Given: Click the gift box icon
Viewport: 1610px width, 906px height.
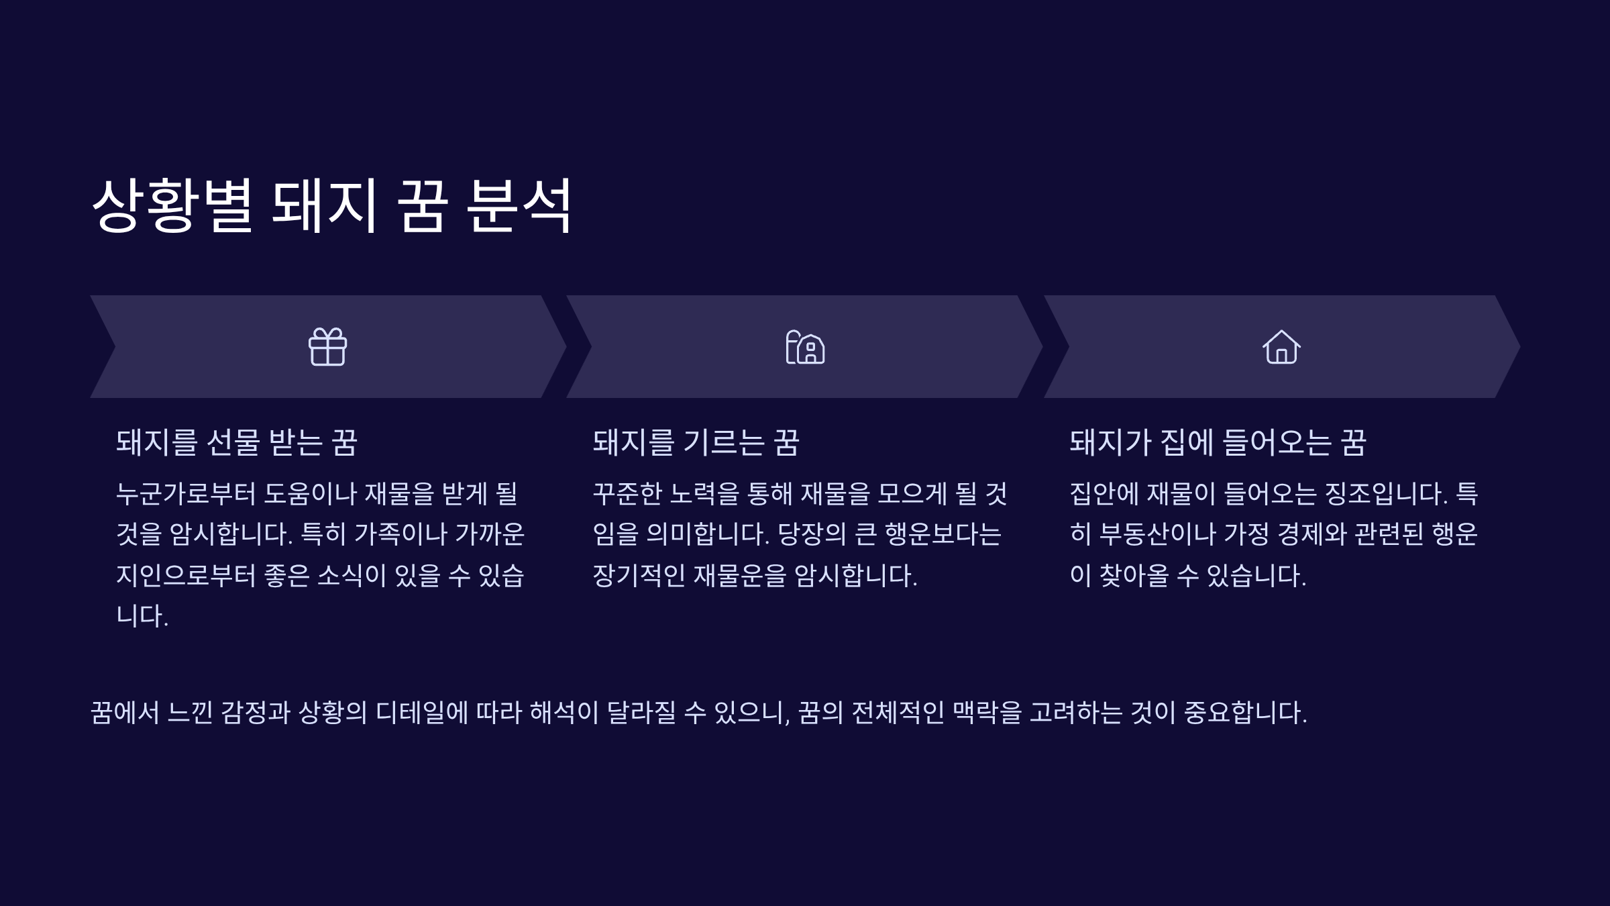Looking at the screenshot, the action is point(327,347).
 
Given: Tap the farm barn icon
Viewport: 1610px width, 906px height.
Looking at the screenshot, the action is point(805,347).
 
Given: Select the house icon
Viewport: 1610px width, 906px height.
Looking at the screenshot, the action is point(1281,347).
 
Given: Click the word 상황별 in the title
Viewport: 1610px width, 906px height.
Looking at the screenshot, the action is point(172,205).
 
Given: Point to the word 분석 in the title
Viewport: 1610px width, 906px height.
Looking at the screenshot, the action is point(519,205).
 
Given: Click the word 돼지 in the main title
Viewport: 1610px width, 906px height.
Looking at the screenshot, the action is point(325,205).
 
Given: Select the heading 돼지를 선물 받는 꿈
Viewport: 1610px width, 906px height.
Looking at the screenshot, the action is point(237,443).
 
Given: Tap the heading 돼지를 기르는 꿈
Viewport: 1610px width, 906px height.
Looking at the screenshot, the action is point(696,443).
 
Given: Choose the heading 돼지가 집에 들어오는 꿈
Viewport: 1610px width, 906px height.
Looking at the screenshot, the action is point(1218,443).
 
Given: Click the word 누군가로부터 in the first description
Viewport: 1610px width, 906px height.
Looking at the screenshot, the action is point(186,494).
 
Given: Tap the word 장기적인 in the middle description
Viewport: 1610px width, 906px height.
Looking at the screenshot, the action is point(639,576).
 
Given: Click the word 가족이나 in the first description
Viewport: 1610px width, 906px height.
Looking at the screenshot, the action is point(400,535).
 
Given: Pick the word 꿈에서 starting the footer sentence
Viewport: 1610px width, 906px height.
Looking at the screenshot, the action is point(125,713).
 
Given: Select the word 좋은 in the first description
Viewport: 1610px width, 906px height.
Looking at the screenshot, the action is point(286,576).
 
